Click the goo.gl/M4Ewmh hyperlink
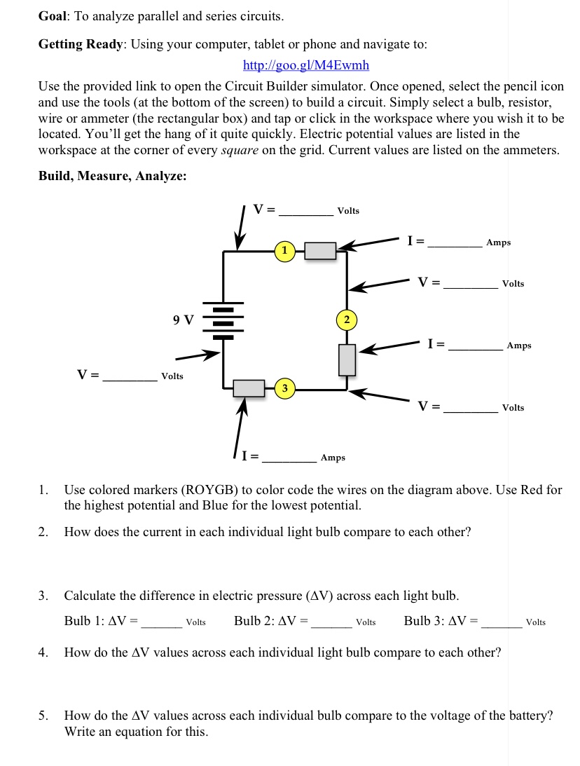click(x=305, y=66)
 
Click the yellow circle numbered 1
click(x=284, y=250)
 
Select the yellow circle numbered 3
click(x=284, y=388)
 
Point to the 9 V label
click(x=184, y=320)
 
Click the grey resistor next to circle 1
click(x=321, y=250)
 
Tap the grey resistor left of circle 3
click(x=248, y=388)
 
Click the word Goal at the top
click(x=52, y=15)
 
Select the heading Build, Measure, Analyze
click(x=112, y=176)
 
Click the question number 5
click(x=43, y=716)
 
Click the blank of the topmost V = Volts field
click(x=307, y=211)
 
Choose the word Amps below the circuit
click(x=333, y=458)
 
